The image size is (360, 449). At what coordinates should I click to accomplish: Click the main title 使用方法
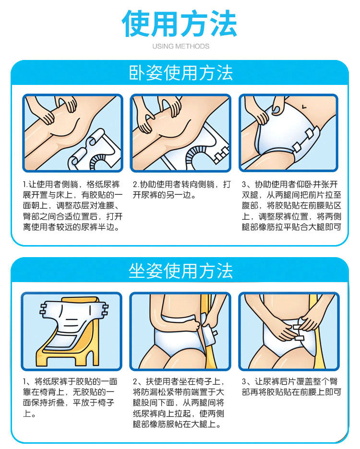(x=180, y=24)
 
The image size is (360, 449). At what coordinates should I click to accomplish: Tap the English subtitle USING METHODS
(x=180, y=46)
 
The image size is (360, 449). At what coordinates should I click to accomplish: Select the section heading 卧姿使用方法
(x=180, y=73)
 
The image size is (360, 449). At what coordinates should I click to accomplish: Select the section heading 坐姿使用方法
(x=180, y=271)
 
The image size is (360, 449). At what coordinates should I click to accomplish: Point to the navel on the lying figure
(x=304, y=107)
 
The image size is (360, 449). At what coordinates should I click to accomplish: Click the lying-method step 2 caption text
(x=182, y=189)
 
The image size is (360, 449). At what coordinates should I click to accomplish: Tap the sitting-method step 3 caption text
(x=291, y=387)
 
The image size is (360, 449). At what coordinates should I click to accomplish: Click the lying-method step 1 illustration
(x=73, y=133)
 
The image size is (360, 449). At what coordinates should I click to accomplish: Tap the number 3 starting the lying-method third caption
(x=244, y=184)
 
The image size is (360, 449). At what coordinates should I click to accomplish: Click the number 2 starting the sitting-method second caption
(x=135, y=382)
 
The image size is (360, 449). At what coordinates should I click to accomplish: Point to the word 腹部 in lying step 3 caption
(x=250, y=206)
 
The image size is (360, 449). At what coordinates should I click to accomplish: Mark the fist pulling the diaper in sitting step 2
(x=195, y=326)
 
